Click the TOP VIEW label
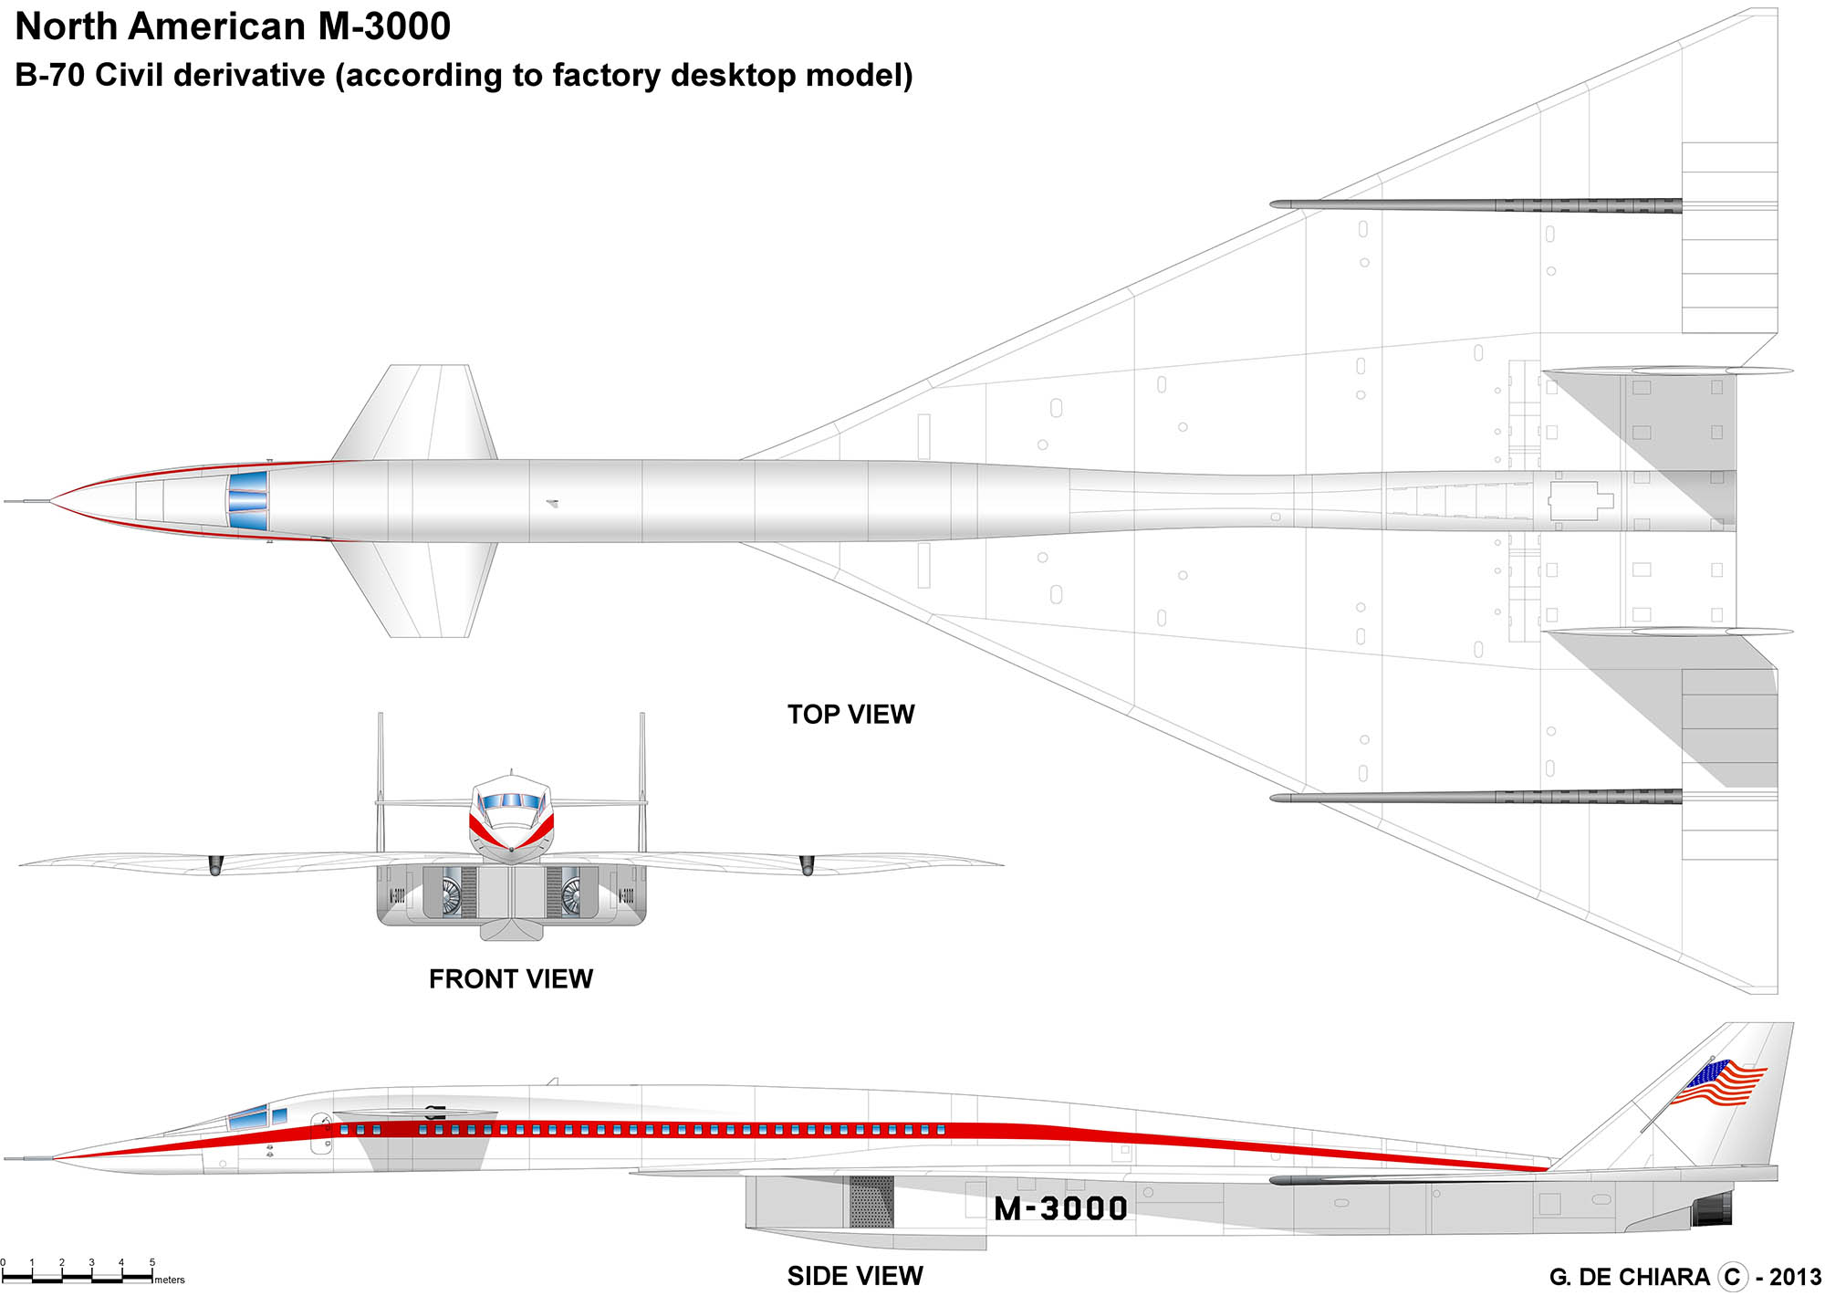pyautogui.click(x=850, y=714)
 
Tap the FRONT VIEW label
pyautogui.click(x=511, y=978)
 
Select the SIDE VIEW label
pyautogui.click(x=855, y=1275)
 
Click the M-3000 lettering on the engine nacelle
pyautogui.click(x=1060, y=1208)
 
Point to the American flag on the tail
pyautogui.click(x=1718, y=1083)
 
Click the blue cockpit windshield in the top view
pyautogui.click(x=248, y=501)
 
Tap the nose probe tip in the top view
pyautogui.click(x=7, y=501)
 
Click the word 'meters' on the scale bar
pyautogui.click(x=170, y=1280)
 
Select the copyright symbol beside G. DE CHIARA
pyautogui.click(x=1732, y=1277)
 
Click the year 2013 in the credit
pyautogui.click(x=1795, y=1277)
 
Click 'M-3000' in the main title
pyautogui.click(x=384, y=26)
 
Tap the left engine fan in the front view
pyautogui.click(x=451, y=894)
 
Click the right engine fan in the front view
pyautogui.click(x=571, y=894)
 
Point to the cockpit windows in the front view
pyautogui.click(x=511, y=801)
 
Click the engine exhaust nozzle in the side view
pyautogui.click(x=1713, y=1208)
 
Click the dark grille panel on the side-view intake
pyautogui.click(x=871, y=1201)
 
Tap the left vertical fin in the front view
pyautogui.click(x=381, y=780)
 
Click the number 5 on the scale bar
pyautogui.click(x=152, y=1263)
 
